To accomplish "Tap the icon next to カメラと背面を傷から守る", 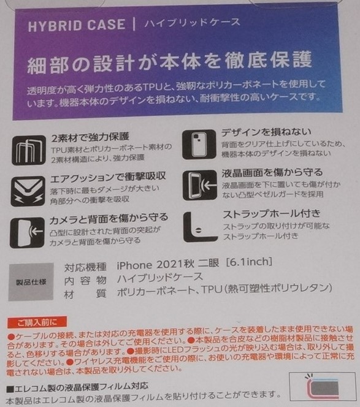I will click(28, 232).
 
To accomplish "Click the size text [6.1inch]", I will click(248, 265).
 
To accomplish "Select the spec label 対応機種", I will click(85, 266).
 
